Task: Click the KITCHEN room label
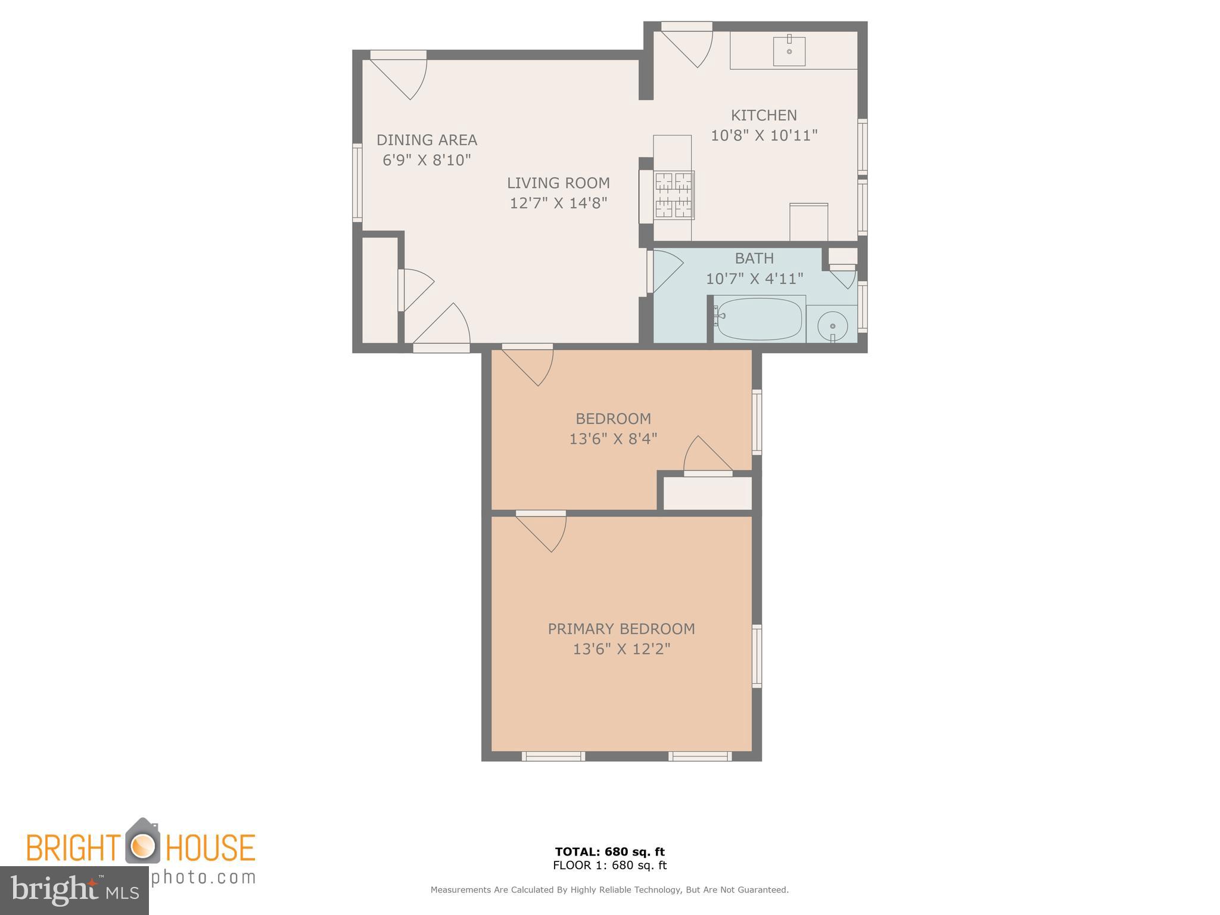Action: [763, 115]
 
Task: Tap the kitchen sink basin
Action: [789, 51]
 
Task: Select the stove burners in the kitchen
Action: [674, 195]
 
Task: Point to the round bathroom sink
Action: [832, 326]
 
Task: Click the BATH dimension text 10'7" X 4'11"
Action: [754, 279]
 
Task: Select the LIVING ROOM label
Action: [558, 183]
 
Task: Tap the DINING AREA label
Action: [427, 140]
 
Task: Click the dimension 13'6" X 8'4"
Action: [613, 439]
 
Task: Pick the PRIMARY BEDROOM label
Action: [621, 628]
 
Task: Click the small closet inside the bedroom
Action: [707, 493]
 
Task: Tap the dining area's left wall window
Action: [357, 182]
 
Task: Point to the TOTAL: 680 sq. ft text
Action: [609, 851]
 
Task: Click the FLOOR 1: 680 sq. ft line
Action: [609, 866]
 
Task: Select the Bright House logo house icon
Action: [142, 841]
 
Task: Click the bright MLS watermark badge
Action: [74, 890]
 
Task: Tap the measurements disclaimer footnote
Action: [609, 890]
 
